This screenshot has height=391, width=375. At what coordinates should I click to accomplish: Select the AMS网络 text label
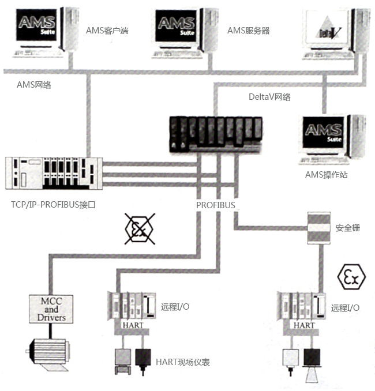pos(34,85)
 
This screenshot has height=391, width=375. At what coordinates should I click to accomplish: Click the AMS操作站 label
pos(326,174)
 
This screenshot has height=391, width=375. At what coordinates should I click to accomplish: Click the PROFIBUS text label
pos(215,205)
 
